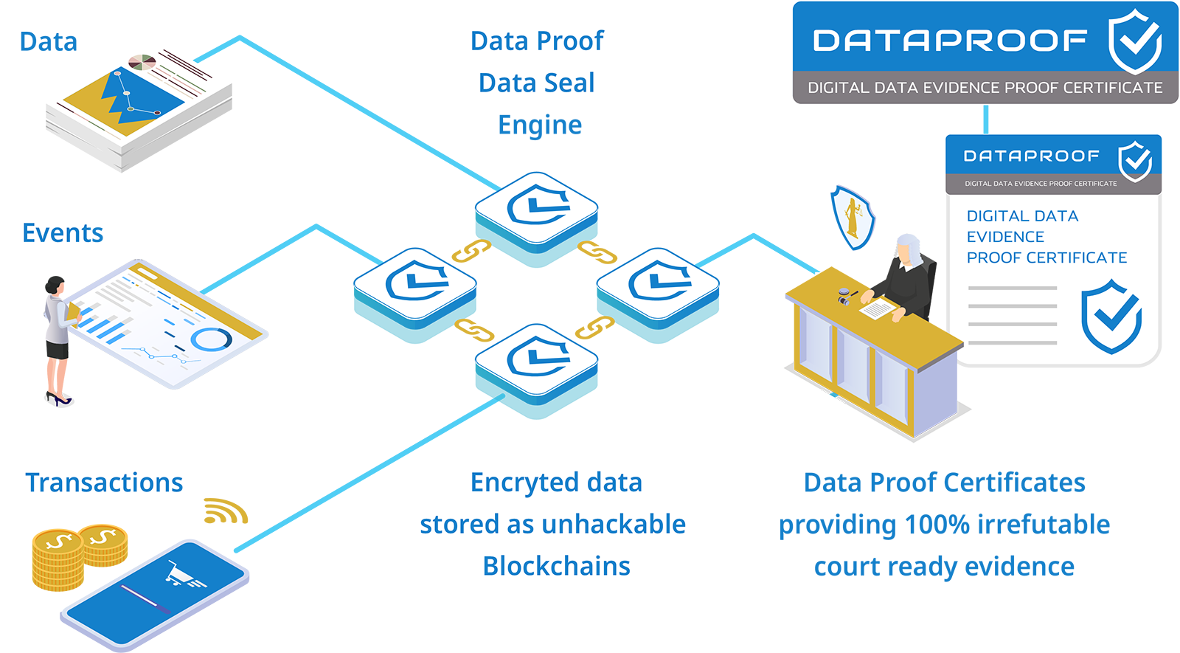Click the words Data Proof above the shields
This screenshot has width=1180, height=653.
coord(537,41)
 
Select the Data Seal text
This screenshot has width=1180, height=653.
coord(536,83)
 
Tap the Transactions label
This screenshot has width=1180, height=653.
coord(104,483)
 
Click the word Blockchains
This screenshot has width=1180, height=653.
coord(556,566)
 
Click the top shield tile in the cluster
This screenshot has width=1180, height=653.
coord(536,208)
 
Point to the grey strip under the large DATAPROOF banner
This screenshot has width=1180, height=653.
coord(985,88)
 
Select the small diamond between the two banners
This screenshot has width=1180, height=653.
coord(985,119)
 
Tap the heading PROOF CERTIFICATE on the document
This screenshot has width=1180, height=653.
coord(1047,258)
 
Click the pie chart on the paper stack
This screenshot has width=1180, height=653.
coord(142,62)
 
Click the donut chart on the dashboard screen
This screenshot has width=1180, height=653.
coord(211,339)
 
